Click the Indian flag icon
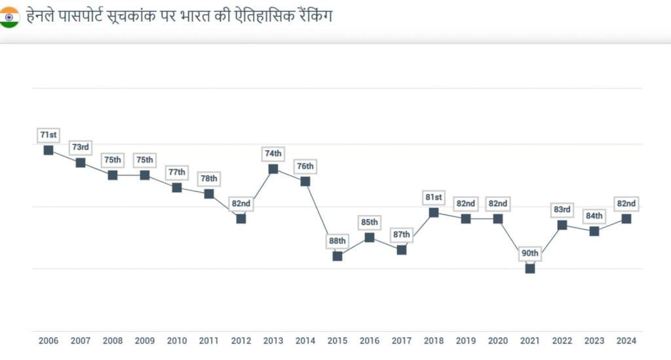pos(10,17)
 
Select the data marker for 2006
pos(48,150)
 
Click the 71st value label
pos(48,135)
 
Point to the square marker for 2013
pos(273,169)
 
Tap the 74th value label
pos(273,153)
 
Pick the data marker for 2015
pos(337,256)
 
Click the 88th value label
pos(337,241)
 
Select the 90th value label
pos(530,253)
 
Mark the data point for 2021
pos(530,268)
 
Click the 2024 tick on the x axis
pos(626,341)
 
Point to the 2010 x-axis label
pos(177,341)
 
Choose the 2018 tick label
pos(434,341)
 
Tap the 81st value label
pos(434,197)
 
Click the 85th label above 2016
pos(370,222)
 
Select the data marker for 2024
pos(626,218)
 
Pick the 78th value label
pos(209,178)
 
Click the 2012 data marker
pos(241,218)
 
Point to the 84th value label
pos(594,216)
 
